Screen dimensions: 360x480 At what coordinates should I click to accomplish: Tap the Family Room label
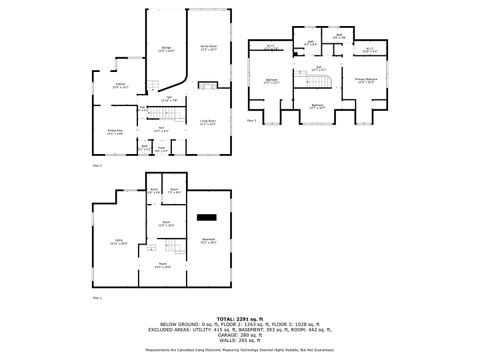[208, 48]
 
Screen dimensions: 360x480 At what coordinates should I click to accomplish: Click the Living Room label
[208, 122]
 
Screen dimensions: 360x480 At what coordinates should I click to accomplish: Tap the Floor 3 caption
[252, 118]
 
